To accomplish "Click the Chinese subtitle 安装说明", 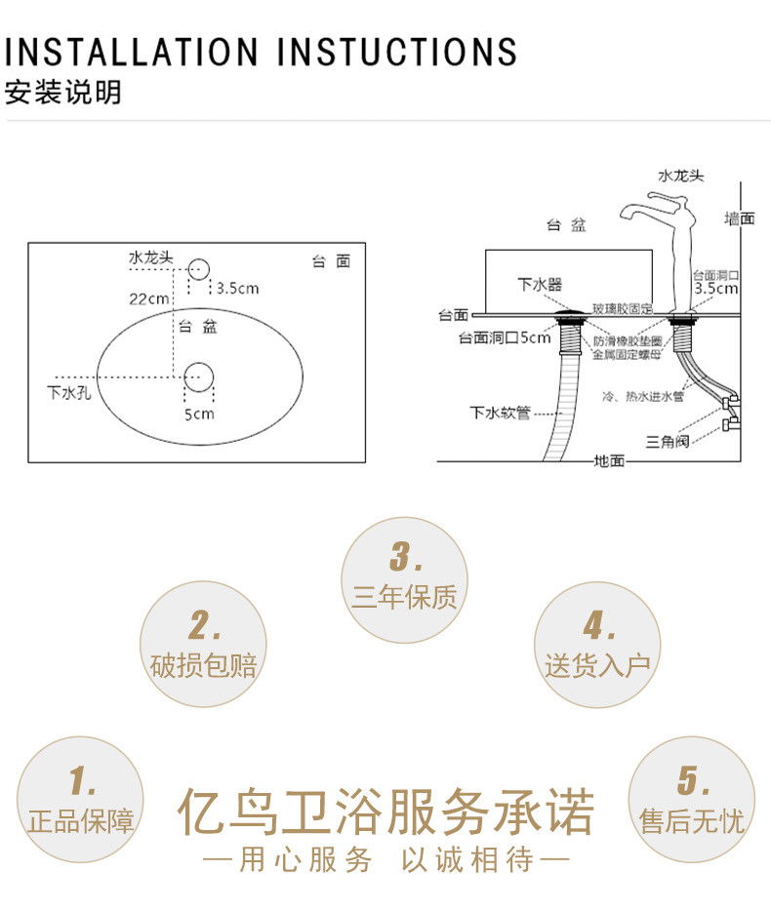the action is click(63, 94).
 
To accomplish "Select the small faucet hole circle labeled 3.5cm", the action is click(199, 269).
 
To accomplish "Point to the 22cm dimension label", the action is click(148, 298).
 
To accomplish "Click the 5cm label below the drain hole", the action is click(199, 414).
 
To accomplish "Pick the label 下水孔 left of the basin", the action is click(67, 394).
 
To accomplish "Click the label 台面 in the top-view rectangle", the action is click(331, 261).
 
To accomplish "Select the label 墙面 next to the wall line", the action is click(739, 218).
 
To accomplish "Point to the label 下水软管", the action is click(500, 413).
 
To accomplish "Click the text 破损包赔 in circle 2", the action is click(204, 667).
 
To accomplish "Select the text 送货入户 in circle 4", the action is click(597, 667).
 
